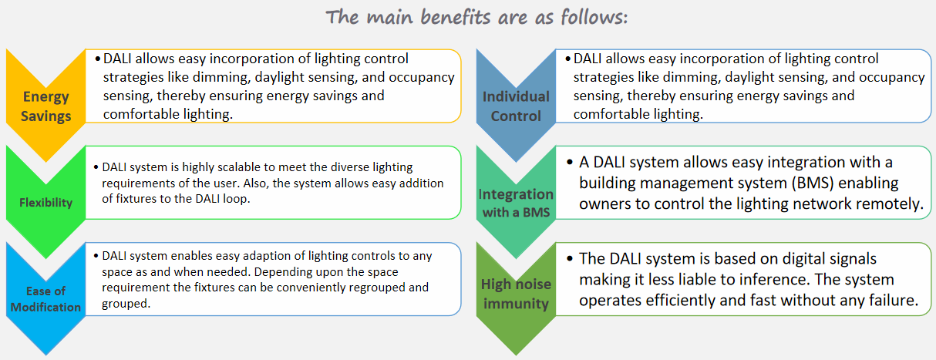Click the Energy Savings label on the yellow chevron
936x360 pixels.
click(46, 106)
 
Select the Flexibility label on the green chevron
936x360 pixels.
click(46, 203)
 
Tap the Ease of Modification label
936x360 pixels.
click(46, 299)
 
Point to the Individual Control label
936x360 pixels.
click(516, 106)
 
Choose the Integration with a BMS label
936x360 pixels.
click(516, 203)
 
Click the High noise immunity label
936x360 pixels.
click(516, 294)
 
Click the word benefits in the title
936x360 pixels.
click(456, 17)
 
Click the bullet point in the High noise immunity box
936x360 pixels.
click(570, 258)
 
